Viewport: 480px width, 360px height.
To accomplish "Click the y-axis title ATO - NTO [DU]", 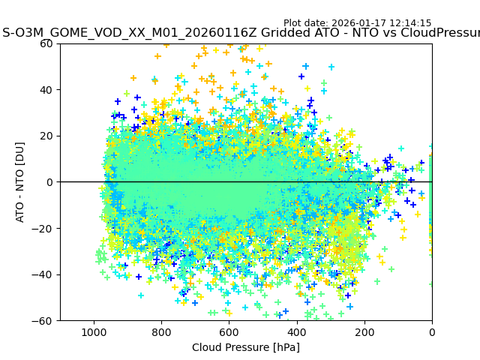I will tap(21, 182).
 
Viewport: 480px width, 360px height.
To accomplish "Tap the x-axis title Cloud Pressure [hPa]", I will tap(246, 347).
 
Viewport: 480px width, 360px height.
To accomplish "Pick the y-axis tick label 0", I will tap(51, 182).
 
